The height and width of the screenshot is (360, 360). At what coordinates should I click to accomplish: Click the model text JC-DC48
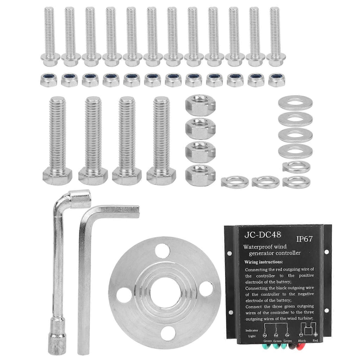tap(263, 234)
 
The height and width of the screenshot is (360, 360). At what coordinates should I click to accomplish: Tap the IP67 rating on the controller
tap(304, 239)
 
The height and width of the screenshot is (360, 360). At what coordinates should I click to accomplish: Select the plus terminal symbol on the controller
tap(316, 335)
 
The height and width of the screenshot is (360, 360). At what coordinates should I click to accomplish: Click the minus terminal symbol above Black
tap(301, 335)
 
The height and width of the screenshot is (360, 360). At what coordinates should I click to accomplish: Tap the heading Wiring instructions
tap(264, 262)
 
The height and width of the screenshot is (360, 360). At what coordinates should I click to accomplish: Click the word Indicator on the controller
tap(252, 330)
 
